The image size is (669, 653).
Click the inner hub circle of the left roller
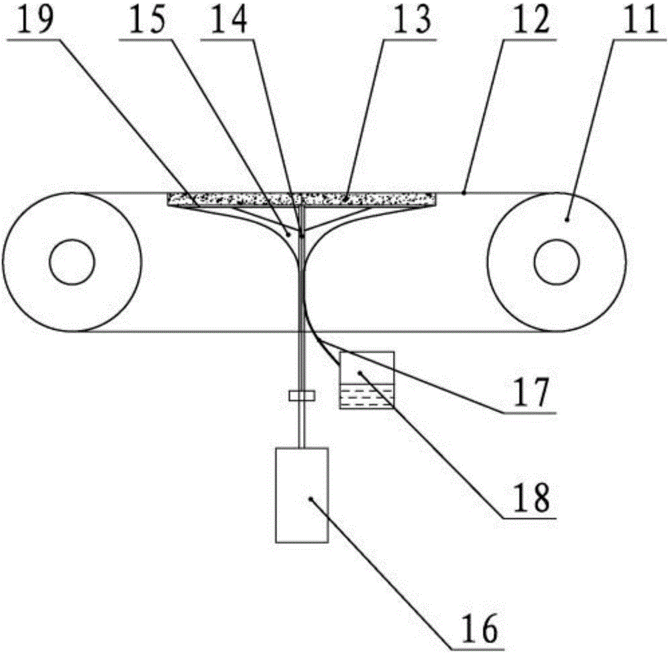coord(70,262)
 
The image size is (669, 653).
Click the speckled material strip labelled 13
coord(301,198)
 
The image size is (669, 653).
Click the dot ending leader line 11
coord(568,217)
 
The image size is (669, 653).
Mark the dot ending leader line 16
coord(310,498)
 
